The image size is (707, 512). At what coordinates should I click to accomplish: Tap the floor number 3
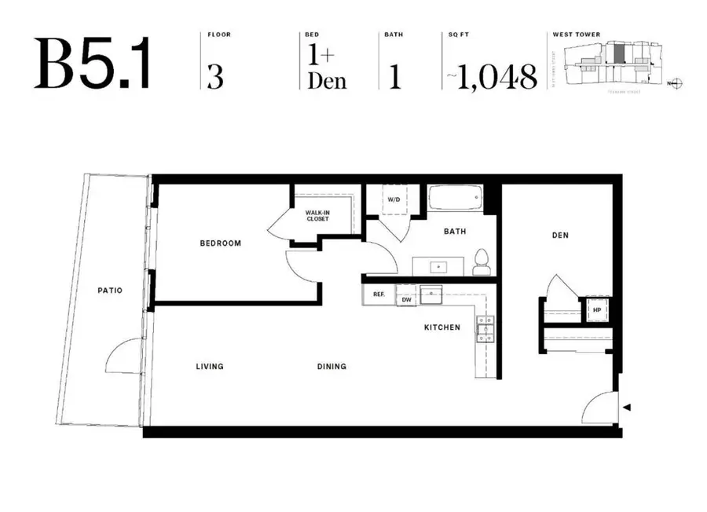coord(215,76)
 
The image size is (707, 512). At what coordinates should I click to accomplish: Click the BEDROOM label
coord(220,243)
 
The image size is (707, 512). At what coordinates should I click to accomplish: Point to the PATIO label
coord(110,291)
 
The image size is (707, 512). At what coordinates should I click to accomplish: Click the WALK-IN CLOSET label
coord(317,214)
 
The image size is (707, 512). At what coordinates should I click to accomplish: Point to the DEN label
coord(560,236)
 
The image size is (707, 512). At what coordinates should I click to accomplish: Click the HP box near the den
coord(596,309)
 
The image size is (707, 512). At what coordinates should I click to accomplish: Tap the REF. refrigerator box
coord(378,295)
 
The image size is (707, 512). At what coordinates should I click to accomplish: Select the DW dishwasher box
coord(406,300)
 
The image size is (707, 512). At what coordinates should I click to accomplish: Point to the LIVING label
coord(210,367)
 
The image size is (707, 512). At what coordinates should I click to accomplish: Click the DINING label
coord(332,367)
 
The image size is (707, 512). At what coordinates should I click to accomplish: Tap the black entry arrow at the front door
coord(626,407)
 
